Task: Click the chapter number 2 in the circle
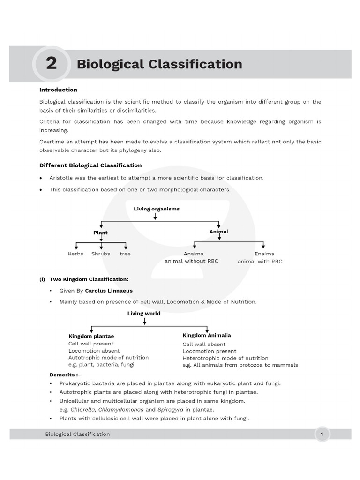[51, 63]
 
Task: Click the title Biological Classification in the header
[159, 64]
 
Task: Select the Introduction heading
[58, 90]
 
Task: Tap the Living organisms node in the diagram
[157, 209]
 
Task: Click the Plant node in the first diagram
[100, 232]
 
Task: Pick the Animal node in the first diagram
[219, 232]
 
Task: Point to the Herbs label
[75, 254]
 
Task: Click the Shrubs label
[101, 254]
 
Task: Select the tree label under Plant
[125, 254]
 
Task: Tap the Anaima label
[194, 254]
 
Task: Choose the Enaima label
[264, 254]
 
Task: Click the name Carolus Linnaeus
[109, 291]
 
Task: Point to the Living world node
[144, 313]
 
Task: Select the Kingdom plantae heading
[91, 336]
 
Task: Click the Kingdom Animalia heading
[207, 335]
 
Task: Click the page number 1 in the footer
[322, 434]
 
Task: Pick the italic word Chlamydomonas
[118, 409]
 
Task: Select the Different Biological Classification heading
[90, 165]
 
